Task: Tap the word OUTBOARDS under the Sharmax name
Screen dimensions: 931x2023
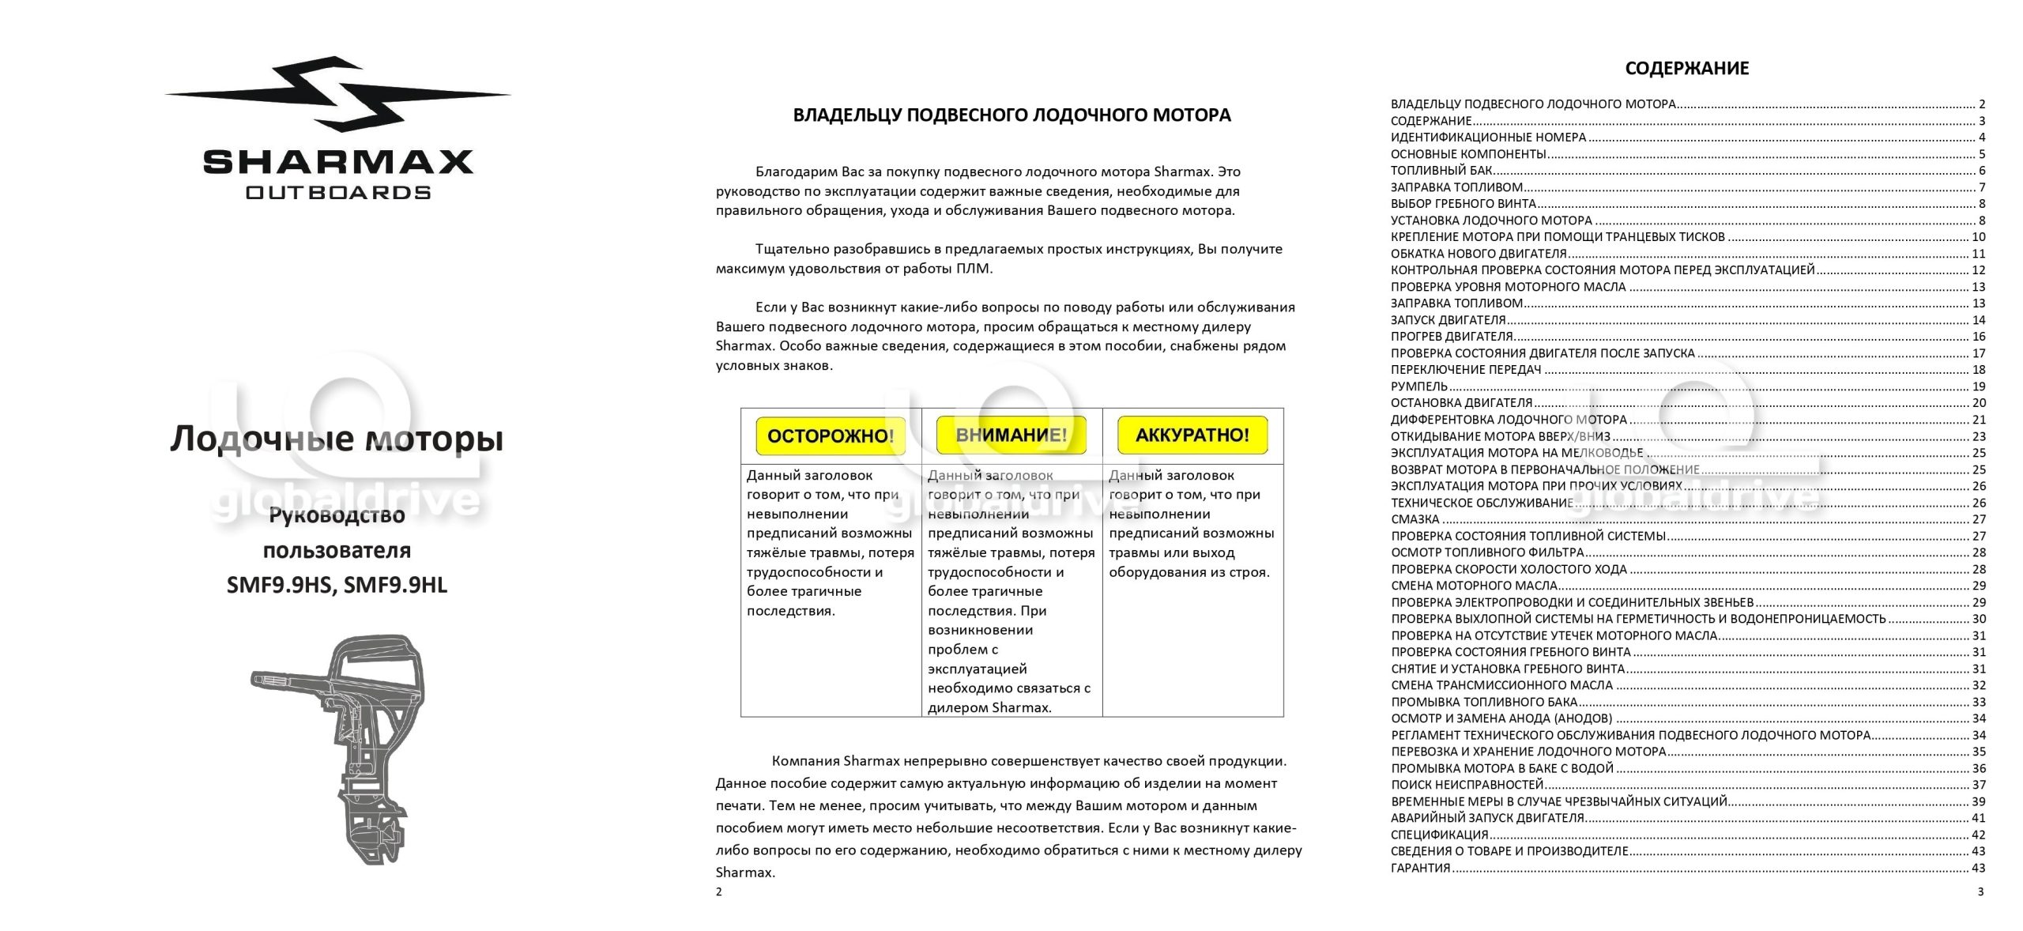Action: pyautogui.click(x=338, y=193)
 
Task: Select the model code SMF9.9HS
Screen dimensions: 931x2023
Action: pyautogui.click(x=281, y=586)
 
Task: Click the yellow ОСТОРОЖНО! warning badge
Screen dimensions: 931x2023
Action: pyautogui.click(x=831, y=435)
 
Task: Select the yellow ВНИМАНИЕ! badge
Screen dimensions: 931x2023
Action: pyautogui.click(x=1011, y=435)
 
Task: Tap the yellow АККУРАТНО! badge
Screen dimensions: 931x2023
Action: pyautogui.click(x=1192, y=435)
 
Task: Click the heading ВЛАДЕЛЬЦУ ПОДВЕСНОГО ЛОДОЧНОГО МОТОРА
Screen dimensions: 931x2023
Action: pyautogui.click(x=1011, y=115)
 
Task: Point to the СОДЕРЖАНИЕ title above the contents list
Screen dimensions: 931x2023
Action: pyautogui.click(x=1686, y=69)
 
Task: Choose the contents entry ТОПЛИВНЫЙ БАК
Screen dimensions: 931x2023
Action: pyautogui.click(x=1441, y=171)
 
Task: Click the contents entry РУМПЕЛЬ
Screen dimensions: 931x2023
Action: pyautogui.click(x=1419, y=386)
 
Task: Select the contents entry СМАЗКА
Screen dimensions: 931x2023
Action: pyautogui.click(x=1415, y=519)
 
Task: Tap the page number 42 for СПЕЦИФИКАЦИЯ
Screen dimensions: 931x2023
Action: pyautogui.click(x=1978, y=835)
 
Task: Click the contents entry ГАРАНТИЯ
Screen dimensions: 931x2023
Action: pyautogui.click(x=1420, y=868)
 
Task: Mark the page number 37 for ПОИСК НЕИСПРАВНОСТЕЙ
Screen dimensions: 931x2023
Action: pyautogui.click(x=1978, y=785)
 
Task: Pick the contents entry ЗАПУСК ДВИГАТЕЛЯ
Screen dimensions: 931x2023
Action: pyautogui.click(x=1448, y=320)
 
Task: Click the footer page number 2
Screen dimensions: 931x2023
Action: pyautogui.click(x=718, y=892)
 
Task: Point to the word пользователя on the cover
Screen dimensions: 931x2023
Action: pyautogui.click(x=337, y=551)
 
